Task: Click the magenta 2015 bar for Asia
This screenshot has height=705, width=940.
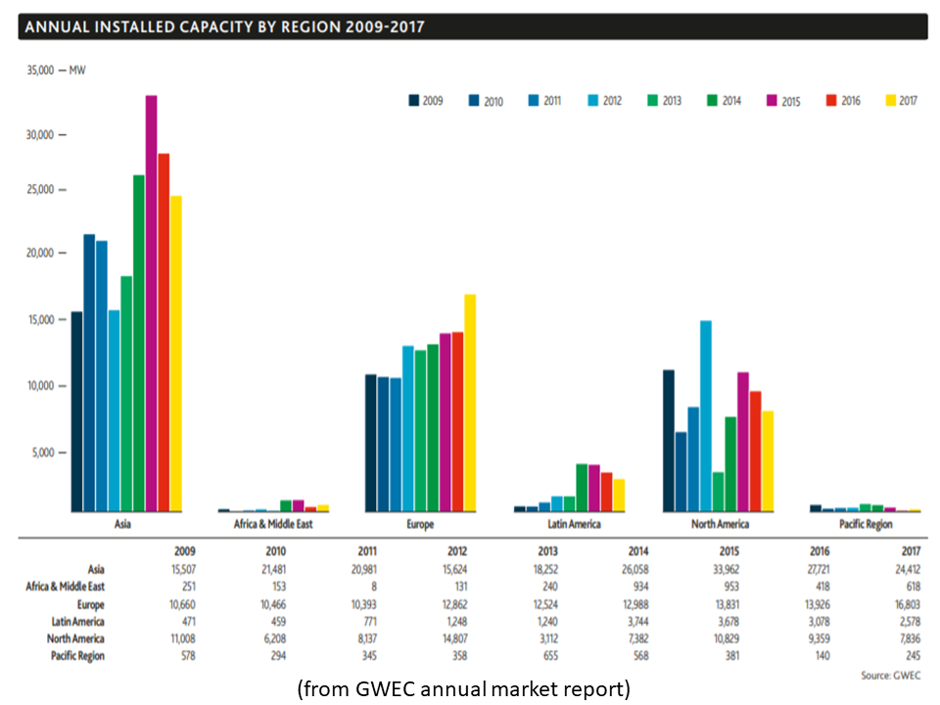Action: click(x=152, y=304)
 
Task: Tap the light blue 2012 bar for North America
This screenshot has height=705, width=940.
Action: click(x=705, y=416)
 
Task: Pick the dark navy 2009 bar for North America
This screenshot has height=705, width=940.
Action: click(x=668, y=441)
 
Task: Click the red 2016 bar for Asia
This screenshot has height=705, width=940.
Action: click(x=164, y=333)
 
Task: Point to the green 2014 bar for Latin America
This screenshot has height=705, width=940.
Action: click(x=582, y=488)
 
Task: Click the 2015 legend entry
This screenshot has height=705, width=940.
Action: click(x=782, y=100)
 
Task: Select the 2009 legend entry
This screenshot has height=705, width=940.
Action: click(x=424, y=100)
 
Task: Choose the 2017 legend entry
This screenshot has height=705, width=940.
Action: click(x=902, y=100)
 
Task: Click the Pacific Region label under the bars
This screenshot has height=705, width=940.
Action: click(x=866, y=525)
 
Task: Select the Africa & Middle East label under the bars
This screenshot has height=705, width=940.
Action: click(x=273, y=525)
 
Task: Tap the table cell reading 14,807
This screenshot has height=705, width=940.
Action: click(x=451, y=638)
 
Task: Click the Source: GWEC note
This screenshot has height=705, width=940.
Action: click(x=889, y=676)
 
